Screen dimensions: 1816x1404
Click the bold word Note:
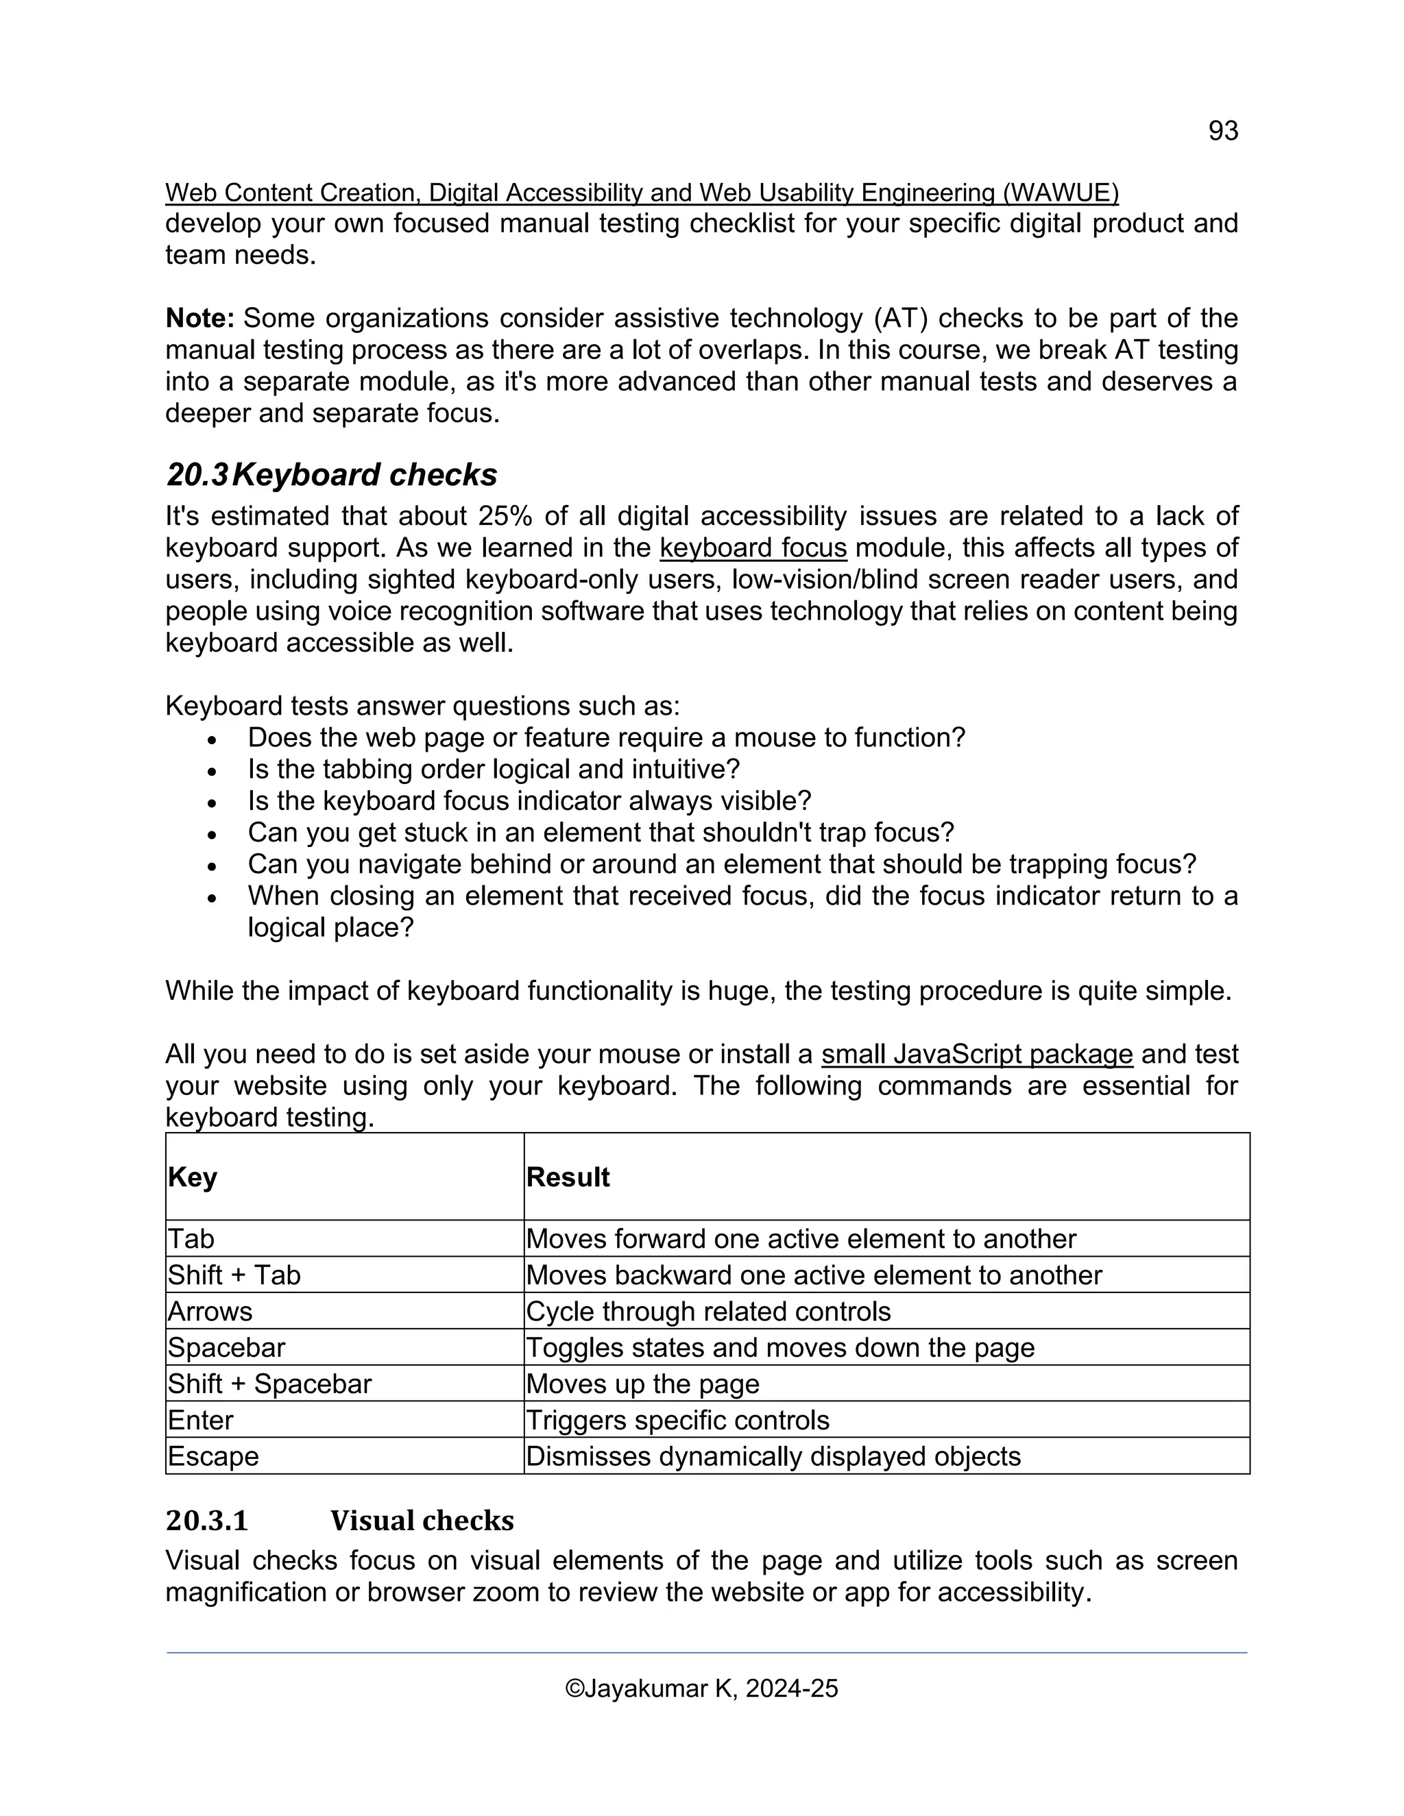199,319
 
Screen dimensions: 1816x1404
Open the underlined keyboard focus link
753,548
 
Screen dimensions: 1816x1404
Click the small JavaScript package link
976,1055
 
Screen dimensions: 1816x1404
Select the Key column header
193,1177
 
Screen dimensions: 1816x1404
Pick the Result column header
568,1177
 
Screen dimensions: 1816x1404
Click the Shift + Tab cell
234,1275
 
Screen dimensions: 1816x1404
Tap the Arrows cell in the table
210,1311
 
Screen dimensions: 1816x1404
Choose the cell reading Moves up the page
643,1384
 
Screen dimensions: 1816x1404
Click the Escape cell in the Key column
213,1456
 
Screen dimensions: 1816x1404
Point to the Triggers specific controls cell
678,1420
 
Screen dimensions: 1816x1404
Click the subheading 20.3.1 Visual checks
339,1521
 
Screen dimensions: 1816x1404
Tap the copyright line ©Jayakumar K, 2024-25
701,1688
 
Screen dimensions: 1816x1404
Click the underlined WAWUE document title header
641,193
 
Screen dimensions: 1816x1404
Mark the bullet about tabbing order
493,769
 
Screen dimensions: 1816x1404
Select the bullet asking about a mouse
605,737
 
